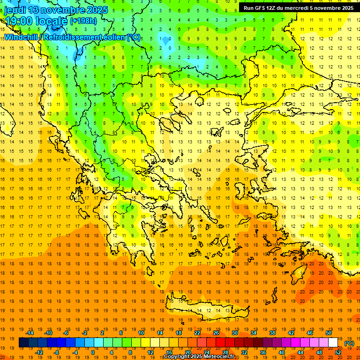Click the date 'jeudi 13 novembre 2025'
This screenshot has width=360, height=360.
click(x=56, y=10)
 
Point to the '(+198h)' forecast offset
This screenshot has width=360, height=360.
click(x=83, y=21)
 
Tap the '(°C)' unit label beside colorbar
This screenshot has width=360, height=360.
click(x=349, y=343)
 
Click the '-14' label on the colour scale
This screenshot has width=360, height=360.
click(x=30, y=332)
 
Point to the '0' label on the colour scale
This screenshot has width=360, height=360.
click(x=93, y=352)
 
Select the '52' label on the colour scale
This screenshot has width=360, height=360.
click(x=338, y=352)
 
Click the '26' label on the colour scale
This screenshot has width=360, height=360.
click(x=216, y=332)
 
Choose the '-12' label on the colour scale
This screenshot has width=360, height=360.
click(x=39, y=352)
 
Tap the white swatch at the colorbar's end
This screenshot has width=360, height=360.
click(x=333, y=343)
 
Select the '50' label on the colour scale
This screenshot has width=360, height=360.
click(x=329, y=332)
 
